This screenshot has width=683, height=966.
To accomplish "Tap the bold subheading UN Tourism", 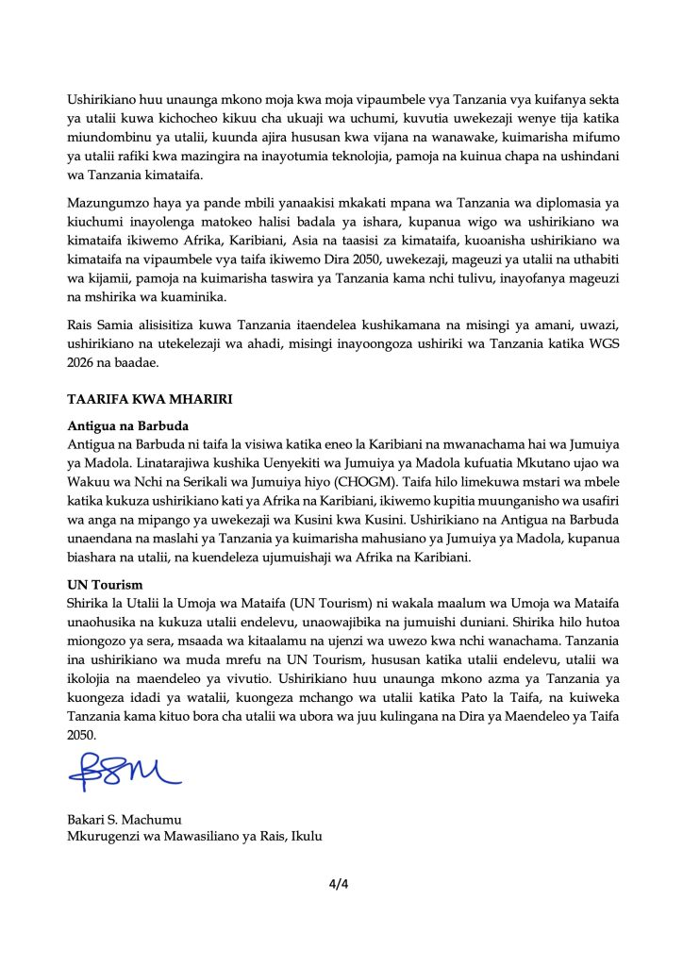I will point(105,585).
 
